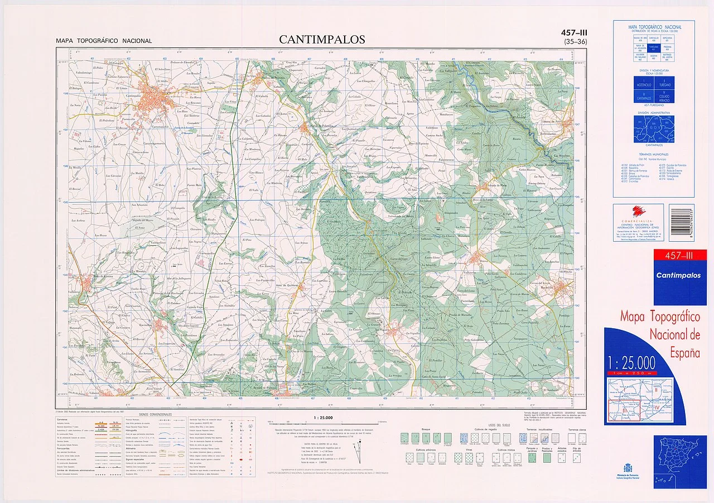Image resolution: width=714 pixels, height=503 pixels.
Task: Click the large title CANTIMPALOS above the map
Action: click(x=322, y=40)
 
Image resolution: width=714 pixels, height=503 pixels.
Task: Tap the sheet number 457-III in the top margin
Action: click(x=574, y=33)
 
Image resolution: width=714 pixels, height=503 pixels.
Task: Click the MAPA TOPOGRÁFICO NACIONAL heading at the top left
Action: click(x=103, y=41)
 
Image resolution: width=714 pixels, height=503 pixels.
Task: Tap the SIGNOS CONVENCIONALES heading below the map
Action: click(x=156, y=415)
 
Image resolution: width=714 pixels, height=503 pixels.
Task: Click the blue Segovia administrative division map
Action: click(x=654, y=130)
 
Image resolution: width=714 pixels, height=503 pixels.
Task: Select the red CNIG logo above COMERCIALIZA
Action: click(x=637, y=212)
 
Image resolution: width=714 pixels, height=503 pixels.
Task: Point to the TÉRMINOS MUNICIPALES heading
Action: click(x=653, y=154)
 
